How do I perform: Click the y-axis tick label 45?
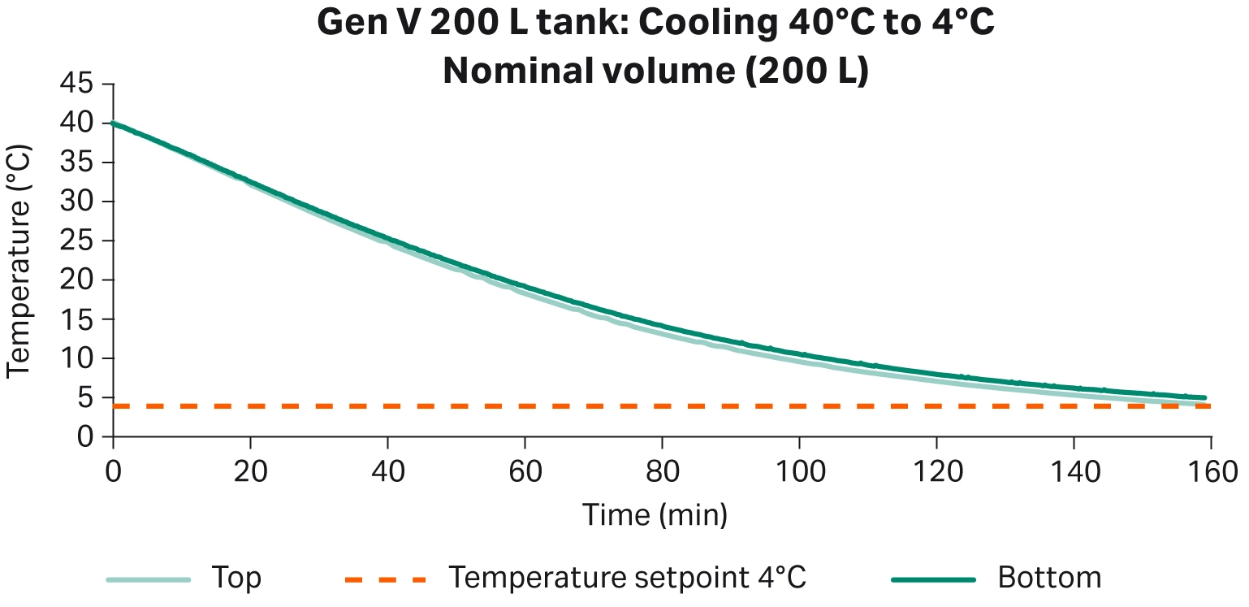[79, 84]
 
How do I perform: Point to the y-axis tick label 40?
[79, 124]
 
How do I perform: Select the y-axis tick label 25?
[79, 241]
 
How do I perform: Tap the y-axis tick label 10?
[79, 358]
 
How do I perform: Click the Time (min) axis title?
[655, 514]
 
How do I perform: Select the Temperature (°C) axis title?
[19, 260]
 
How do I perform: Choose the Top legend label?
[236, 579]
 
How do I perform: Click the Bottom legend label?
[1049, 579]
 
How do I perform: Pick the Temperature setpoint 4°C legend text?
[628, 579]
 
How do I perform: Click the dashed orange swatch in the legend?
[385, 579]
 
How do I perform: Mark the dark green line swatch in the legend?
[933, 579]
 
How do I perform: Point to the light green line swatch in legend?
[149, 579]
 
